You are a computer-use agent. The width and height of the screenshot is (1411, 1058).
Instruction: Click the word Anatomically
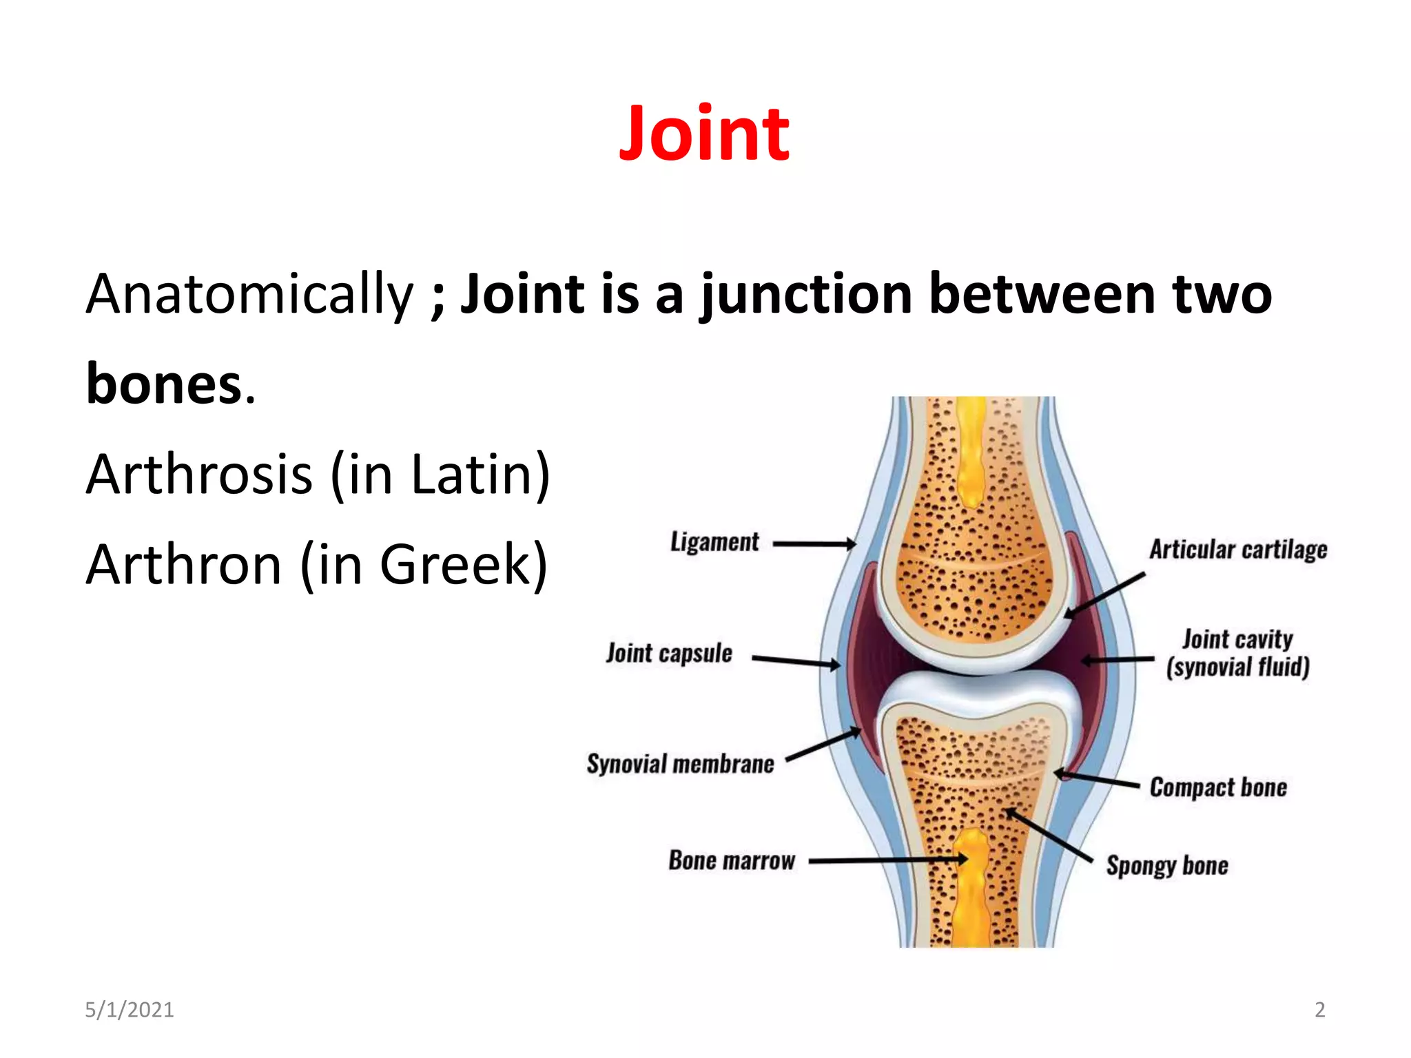click(249, 294)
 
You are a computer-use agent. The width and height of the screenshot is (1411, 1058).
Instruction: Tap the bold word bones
click(164, 384)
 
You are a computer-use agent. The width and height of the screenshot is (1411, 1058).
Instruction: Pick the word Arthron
click(184, 564)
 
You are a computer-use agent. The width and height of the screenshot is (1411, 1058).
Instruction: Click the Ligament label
click(714, 542)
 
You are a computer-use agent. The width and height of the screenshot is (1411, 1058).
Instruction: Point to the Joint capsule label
click(669, 653)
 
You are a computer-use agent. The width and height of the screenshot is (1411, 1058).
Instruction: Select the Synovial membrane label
click(681, 764)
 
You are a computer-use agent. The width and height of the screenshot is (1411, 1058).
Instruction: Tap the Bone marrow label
click(732, 860)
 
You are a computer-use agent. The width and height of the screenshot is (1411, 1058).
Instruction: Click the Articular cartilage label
click(1238, 550)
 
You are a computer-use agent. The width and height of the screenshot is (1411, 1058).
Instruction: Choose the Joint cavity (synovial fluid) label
click(1237, 653)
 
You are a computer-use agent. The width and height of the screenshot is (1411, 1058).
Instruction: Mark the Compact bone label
click(1218, 787)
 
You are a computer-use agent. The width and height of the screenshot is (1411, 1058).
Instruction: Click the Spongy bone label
click(1167, 865)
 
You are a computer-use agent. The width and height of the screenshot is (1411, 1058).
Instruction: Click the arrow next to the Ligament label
click(814, 544)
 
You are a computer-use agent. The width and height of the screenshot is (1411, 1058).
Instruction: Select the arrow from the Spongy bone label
click(1051, 836)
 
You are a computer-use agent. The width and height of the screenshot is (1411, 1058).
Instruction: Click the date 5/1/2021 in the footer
click(129, 1010)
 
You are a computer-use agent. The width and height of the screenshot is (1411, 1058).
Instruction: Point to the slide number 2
click(1319, 1010)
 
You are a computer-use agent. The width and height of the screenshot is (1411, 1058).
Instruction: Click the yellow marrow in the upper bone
click(971, 455)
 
